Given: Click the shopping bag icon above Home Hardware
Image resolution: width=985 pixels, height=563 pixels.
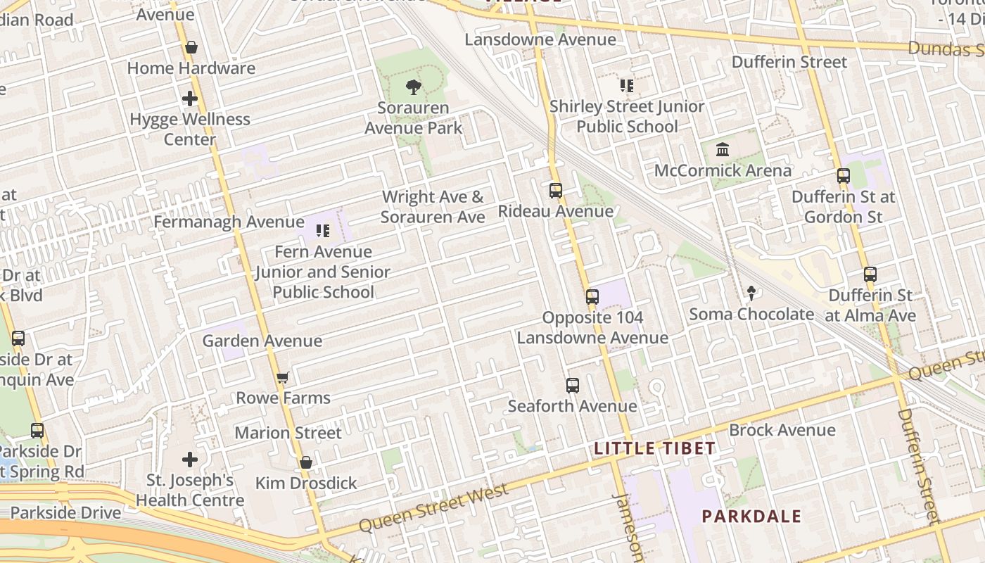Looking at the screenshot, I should [191, 48].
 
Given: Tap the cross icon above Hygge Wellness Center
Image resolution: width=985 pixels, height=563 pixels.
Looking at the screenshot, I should [190, 99].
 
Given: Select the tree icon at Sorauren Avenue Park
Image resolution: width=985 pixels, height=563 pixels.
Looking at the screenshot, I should [414, 87].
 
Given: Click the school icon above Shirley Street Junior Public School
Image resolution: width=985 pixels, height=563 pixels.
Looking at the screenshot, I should [627, 86].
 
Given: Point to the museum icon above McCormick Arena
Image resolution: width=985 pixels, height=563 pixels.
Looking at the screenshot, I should [723, 150].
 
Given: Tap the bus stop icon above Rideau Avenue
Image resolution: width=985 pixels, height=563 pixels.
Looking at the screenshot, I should [556, 191].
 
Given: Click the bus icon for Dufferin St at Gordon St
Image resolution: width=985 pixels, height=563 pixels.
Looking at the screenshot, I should [843, 176].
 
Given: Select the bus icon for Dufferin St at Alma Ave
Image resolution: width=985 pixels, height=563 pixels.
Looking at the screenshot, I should [870, 274].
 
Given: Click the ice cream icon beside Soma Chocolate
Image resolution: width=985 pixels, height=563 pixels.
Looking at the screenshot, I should [751, 293].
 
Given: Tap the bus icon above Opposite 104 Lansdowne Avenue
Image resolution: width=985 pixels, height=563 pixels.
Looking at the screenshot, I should [592, 297].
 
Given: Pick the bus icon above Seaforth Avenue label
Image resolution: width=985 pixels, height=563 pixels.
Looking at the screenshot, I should [573, 386].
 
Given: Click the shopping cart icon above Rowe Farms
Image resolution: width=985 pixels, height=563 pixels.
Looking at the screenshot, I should [283, 378].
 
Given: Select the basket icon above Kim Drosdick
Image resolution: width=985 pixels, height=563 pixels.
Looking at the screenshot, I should [305, 462].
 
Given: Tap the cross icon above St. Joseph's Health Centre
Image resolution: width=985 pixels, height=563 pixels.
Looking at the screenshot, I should [190, 460].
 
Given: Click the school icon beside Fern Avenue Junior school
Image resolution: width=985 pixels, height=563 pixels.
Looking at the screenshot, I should [323, 231].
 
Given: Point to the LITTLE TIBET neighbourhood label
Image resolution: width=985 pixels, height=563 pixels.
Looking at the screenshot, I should [654, 448].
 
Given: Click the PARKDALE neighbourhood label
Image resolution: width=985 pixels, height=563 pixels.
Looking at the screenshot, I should [751, 516].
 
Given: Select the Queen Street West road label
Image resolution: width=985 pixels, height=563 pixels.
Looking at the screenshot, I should [433, 509].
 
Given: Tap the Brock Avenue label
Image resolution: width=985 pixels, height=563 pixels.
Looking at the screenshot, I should [782, 430].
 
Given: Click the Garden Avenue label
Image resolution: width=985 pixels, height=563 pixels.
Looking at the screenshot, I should [262, 341].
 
